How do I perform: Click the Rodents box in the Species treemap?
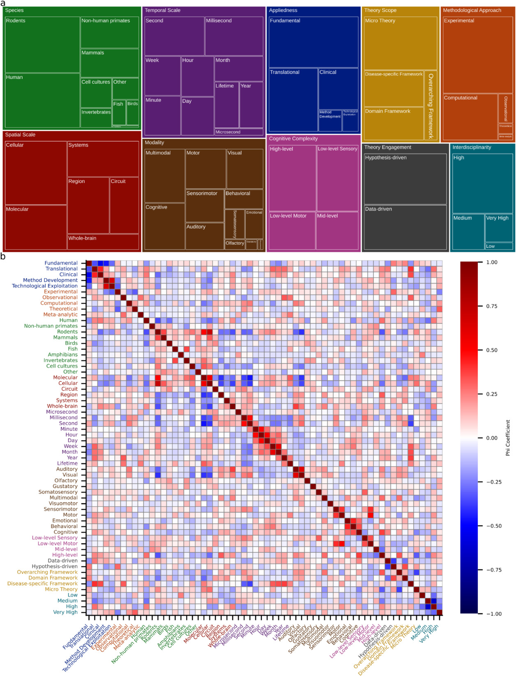tap(42, 44)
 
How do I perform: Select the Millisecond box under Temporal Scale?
tap(234, 36)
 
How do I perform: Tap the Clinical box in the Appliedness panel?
tap(338, 89)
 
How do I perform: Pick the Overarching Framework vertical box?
tap(430, 105)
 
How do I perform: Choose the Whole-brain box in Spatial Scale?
tap(103, 242)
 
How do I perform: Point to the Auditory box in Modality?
tap(204, 236)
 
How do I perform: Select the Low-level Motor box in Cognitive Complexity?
tap(292, 231)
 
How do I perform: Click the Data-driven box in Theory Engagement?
tap(405, 227)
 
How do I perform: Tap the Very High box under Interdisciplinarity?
tap(498, 228)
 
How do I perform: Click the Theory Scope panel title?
tap(380, 10)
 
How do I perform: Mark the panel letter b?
tap(3, 257)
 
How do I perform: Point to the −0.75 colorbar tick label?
tap(494, 570)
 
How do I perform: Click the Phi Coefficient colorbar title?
tap(508, 437)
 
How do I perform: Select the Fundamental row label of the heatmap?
tap(61, 263)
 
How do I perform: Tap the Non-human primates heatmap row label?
tap(51, 326)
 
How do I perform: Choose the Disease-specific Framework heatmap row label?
tap(42, 583)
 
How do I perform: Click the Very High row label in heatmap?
tap(65, 612)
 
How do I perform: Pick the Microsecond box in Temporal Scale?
tap(238, 132)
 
